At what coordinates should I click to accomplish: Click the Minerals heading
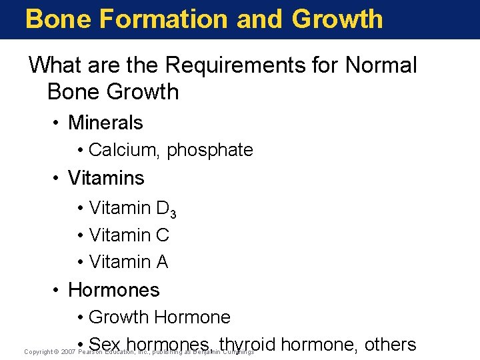105,123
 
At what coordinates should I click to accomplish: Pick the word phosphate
210,151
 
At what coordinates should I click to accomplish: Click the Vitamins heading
106,178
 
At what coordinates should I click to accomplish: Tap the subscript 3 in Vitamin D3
173,214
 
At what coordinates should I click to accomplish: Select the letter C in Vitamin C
163,235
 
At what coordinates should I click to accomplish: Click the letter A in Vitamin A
162,263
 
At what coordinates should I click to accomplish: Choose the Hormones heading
114,290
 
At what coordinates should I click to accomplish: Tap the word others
390,345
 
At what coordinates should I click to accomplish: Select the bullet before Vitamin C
80,235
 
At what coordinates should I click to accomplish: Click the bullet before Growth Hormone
80,317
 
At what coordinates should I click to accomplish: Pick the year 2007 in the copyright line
67,351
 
